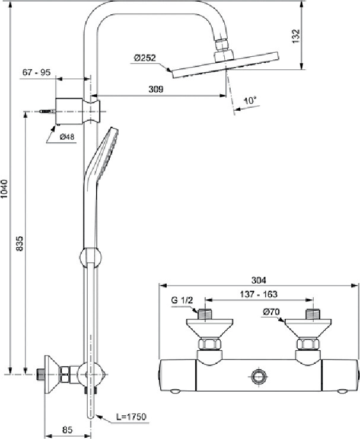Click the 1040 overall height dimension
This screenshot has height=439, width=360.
(x=5, y=189)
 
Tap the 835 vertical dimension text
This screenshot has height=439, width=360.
(x=20, y=243)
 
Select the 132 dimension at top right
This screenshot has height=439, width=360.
(x=296, y=36)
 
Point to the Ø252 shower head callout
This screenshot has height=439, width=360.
(x=145, y=58)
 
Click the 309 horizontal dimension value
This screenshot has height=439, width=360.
(x=155, y=89)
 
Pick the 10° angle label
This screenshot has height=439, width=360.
(x=250, y=100)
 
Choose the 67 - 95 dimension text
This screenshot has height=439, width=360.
(x=36, y=72)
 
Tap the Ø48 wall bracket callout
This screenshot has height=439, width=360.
(x=67, y=137)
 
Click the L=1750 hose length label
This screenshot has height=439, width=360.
(x=131, y=416)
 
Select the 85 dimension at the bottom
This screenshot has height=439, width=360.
(x=67, y=430)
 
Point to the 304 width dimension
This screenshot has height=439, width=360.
(x=259, y=280)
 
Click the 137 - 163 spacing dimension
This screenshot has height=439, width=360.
(x=259, y=294)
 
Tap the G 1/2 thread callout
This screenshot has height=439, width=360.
(x=182, y=300)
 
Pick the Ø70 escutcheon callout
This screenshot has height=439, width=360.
(x=272, y=312)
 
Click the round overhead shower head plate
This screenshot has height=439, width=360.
(x=225, y=65)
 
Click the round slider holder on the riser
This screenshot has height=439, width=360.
(x=90, y=258)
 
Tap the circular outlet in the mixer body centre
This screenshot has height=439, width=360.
(x=258, y=376)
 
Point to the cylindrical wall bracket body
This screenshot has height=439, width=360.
(x=69, y=111)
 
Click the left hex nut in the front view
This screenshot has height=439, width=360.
(x=209, y=344)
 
